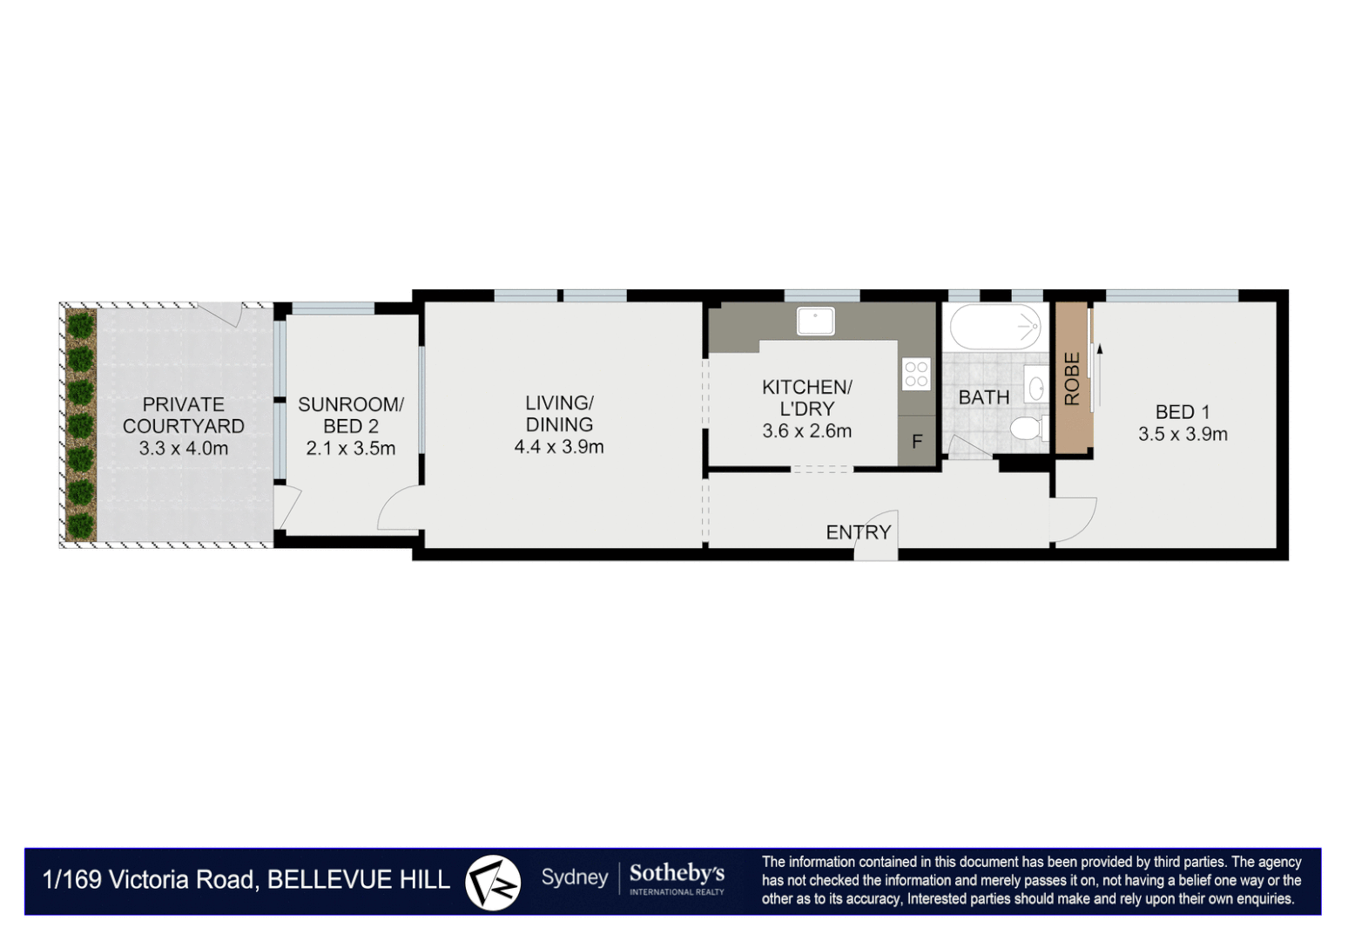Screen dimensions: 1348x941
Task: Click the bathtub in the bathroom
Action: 995,327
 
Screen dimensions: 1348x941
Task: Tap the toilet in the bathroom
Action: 1029,429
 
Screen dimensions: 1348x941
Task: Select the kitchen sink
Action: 815,321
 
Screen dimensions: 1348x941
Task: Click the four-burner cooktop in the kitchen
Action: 916,373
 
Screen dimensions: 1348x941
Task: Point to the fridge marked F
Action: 917,441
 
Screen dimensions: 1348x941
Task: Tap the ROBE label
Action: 1072,378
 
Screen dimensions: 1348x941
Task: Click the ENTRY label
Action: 858,532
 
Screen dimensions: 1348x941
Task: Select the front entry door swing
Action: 876,534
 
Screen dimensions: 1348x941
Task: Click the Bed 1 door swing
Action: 1074,519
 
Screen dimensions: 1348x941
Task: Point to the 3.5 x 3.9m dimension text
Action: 1183,434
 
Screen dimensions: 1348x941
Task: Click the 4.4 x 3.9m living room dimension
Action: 559,447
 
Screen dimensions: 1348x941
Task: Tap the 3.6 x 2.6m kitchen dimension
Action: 807,431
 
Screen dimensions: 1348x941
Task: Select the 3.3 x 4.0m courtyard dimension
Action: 184,449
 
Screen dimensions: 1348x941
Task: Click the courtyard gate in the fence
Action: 221,313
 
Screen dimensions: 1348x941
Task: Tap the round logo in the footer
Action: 493,883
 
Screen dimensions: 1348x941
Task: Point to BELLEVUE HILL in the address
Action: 359,880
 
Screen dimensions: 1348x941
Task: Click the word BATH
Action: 984,397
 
